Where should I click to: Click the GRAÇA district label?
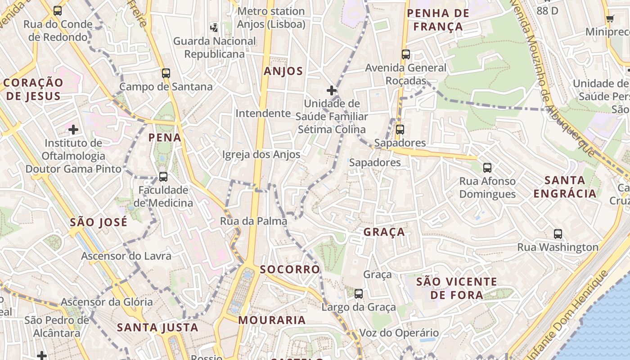coord(384,232)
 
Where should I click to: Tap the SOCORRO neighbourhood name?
coord(290,270)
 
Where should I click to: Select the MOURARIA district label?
coord(272,320)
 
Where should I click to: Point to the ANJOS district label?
coord(283,71)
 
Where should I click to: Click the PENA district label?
coord(165,138)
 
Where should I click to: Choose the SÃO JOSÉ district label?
coord(99,222)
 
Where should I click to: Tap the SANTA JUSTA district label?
coord(157,328)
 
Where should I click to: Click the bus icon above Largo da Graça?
coord(359,294)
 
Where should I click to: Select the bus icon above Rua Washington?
coord(558,234)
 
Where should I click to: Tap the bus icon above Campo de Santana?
coord(166,73)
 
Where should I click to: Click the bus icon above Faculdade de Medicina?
coord(163,177)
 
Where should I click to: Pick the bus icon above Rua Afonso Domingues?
coord(487,168)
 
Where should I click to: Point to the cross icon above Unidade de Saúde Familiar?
coord(332,90)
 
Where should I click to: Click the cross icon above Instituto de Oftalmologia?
coord(73,130)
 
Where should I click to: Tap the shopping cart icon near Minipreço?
coord(610,18)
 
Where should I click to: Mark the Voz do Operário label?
coord(399,333)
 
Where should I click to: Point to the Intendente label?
coord(263,113)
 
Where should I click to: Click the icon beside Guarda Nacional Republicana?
coord(214,27)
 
